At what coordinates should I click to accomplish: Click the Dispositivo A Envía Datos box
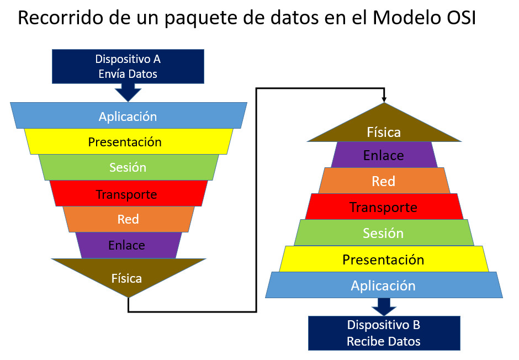(x=128, y=66)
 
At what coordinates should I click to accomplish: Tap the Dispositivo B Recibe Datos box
(x=384, y=333)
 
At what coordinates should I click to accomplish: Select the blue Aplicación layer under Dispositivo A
(x=129, y=115)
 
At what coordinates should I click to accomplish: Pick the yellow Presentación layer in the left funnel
(x=129, y=141)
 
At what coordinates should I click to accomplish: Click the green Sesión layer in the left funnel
(x=129, y=167)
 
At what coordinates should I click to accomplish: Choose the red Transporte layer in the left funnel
(x=129, y=193)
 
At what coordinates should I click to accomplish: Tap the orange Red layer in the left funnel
(x=129, y=219)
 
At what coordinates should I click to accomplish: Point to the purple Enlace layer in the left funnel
(x=129, y=245)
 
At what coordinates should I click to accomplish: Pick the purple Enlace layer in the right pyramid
(x=384, y=155)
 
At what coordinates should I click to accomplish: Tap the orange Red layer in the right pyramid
(x=384, y=181)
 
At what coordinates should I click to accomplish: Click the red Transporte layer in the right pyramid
(x=384, y=207)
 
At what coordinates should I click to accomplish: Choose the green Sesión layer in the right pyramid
(x=384, y=232)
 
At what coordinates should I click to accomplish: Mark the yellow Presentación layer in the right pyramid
(x=384, y=259)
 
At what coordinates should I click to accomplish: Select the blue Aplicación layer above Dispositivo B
(x=384, y=285)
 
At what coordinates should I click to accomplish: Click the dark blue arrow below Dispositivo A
(x=129, y=93)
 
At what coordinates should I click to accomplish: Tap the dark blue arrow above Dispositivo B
(x=384, y=307)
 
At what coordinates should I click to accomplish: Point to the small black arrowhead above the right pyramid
(x=384, y=99)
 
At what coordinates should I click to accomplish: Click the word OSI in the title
(x=458, y=18)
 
